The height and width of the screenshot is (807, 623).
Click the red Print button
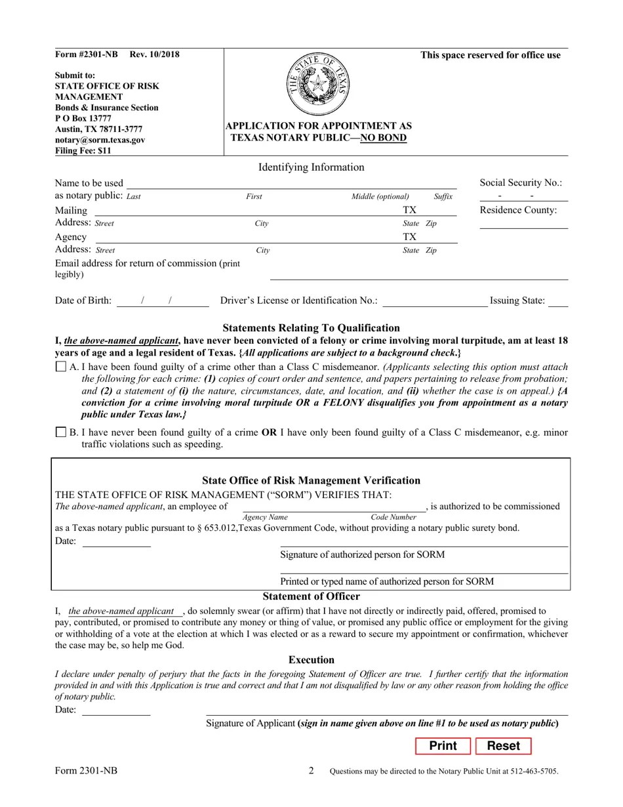(x=443, y=746)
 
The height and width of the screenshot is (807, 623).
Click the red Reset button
(x=503, y=746)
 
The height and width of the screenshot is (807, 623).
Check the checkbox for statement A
(x=61, y=367)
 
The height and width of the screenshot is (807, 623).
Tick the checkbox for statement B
(x=61, y=432)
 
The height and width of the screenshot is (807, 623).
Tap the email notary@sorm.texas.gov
(x=100, y=140)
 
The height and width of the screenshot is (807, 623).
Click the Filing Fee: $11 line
(x=83, y=150)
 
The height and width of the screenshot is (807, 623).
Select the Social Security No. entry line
(x=523, y=197)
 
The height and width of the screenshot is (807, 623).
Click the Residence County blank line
(x=523, y=224)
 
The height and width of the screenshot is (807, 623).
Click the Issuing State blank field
(x=558, y=302)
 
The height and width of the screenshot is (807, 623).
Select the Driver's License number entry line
(x=435, y=302)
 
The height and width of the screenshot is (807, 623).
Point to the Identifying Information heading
(x=311, y=167)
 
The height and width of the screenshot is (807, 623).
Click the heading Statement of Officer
(x=311, y=596)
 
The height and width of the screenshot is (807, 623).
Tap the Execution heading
(x=311, y=660)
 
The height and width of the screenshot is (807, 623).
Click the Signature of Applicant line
(x=387, y=711)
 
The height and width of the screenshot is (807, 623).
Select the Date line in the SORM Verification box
(x=116, y=543)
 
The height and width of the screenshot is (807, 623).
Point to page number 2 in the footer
(x=311, y=771)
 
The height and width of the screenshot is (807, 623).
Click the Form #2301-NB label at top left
(x=87, y=54)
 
